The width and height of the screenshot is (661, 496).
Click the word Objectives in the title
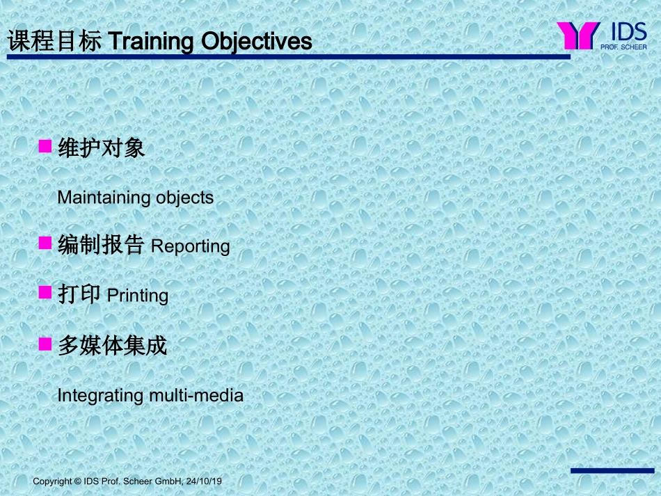pyautogui.click(x=257, y=42)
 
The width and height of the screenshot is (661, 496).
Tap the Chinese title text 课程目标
pyautogui.click(x=54, y=41)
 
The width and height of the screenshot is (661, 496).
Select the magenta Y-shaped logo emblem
pyautogui.click(x=578, y=35)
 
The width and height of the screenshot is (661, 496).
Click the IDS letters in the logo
pyautogui.click(x=628, y=32)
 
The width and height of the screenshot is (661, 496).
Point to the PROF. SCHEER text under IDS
pyautogui.click(x=623, y=47)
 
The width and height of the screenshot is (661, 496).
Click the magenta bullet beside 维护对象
pyautogui.click(x=45, y=146)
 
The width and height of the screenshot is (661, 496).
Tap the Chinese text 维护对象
pyautogui.click(x=101, y=148)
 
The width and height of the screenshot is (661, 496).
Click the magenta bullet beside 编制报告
pyautogui.click(x=45, y=243)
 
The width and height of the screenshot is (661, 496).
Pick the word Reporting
pyautogui.click(x=190, y=246)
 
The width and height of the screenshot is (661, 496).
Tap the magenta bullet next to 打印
pyautogui.click(x=45, y=292)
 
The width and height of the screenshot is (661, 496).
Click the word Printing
pyautogui.click(x=138, y=296)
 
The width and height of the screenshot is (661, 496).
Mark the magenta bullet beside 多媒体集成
pyautogui.click(x=45, y=344)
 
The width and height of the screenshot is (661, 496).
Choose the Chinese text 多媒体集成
pyautogui.click(x=112, y=346)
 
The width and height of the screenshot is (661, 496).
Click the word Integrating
pyautogui.click(x=100, y=396)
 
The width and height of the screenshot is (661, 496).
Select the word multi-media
pyautogui.click(x=196, y=395)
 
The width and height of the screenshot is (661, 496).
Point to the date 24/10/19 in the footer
pyautogui.click(x=204, y=481)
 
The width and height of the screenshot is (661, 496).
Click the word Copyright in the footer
pyautogui.click(x=52, y=481)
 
